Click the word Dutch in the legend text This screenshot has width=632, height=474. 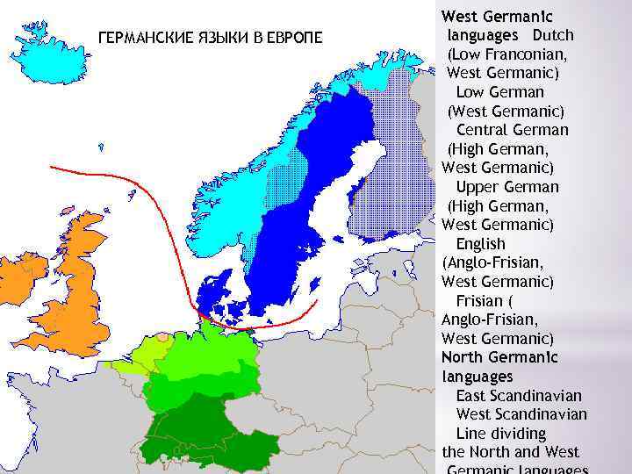[x=553, y=35]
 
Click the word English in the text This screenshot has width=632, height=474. [x=480, y=244]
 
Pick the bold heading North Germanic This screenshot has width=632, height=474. [x=499, y=357]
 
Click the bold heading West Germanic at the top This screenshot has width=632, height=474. [x=498, y=16]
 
